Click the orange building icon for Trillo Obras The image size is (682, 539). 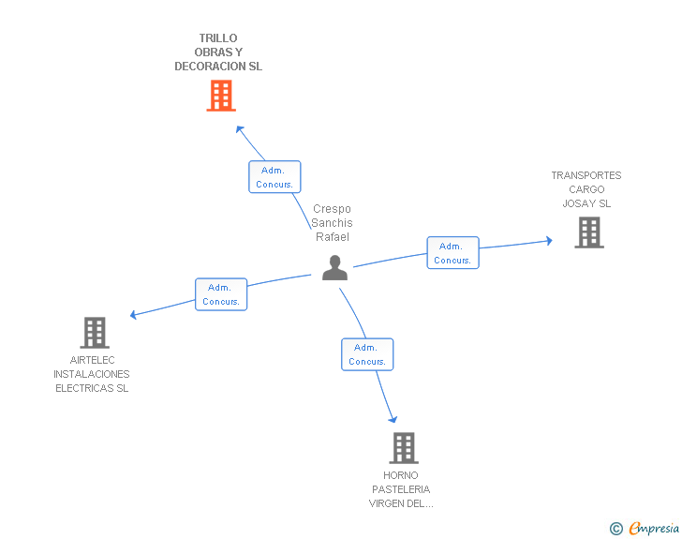pos(221,96)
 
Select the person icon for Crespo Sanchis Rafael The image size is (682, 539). pos(334,267)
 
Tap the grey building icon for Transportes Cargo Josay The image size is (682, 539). pos(588,232)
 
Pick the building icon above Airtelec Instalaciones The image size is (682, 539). pos(94,332)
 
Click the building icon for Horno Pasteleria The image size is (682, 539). pos(403,448)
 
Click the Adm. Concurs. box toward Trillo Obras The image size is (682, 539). pos(274,177)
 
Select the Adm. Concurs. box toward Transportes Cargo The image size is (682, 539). pos(452,253)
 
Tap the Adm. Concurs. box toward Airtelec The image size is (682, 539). pos(221,294)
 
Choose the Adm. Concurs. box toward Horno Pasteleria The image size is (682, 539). pos(366,354)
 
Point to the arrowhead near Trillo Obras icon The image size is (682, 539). pos(240,129)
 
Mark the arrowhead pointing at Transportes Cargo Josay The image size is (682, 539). pos(548,241)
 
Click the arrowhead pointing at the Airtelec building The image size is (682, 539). pos(134,315)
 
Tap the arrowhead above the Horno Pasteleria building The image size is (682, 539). pos(393,418)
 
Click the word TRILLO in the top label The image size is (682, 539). pos(218,38)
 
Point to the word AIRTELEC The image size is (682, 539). pos(93,360)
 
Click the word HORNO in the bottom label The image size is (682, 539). pos(401,475)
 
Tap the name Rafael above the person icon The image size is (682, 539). pos(333,237)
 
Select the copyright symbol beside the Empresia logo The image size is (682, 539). pos(615,529)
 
